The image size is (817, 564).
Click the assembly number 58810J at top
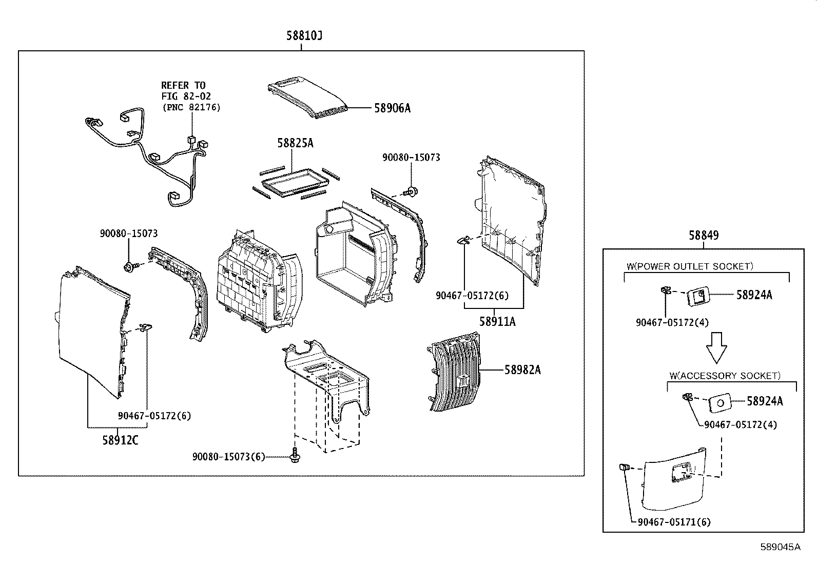(x=304, y=36)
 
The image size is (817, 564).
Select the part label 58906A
(x=393, y=108)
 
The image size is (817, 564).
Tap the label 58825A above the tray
(x=295, y=143)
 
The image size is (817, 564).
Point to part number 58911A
(x=497, y=322)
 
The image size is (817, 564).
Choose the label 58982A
(x=522, y=370)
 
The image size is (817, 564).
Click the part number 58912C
(x=121, y=440)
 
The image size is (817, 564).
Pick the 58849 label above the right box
(x=704, y=236)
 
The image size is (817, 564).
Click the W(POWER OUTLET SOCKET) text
(x=690, y=266)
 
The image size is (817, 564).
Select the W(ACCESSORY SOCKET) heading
(x=725, y=376)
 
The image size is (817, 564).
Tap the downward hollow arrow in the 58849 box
(x=716, y=347)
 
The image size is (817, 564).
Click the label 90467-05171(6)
(x=674, y=522)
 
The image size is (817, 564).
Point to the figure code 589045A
(x=780, y=547)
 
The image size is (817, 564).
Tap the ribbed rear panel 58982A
(x=454, y=372)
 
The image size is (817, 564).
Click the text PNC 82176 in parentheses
(x=191, y=107)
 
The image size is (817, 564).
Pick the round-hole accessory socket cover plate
(x=719, y=403)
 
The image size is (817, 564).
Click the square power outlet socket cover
(x=698, y=296)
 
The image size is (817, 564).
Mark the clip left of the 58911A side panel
(x=463, y=240)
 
